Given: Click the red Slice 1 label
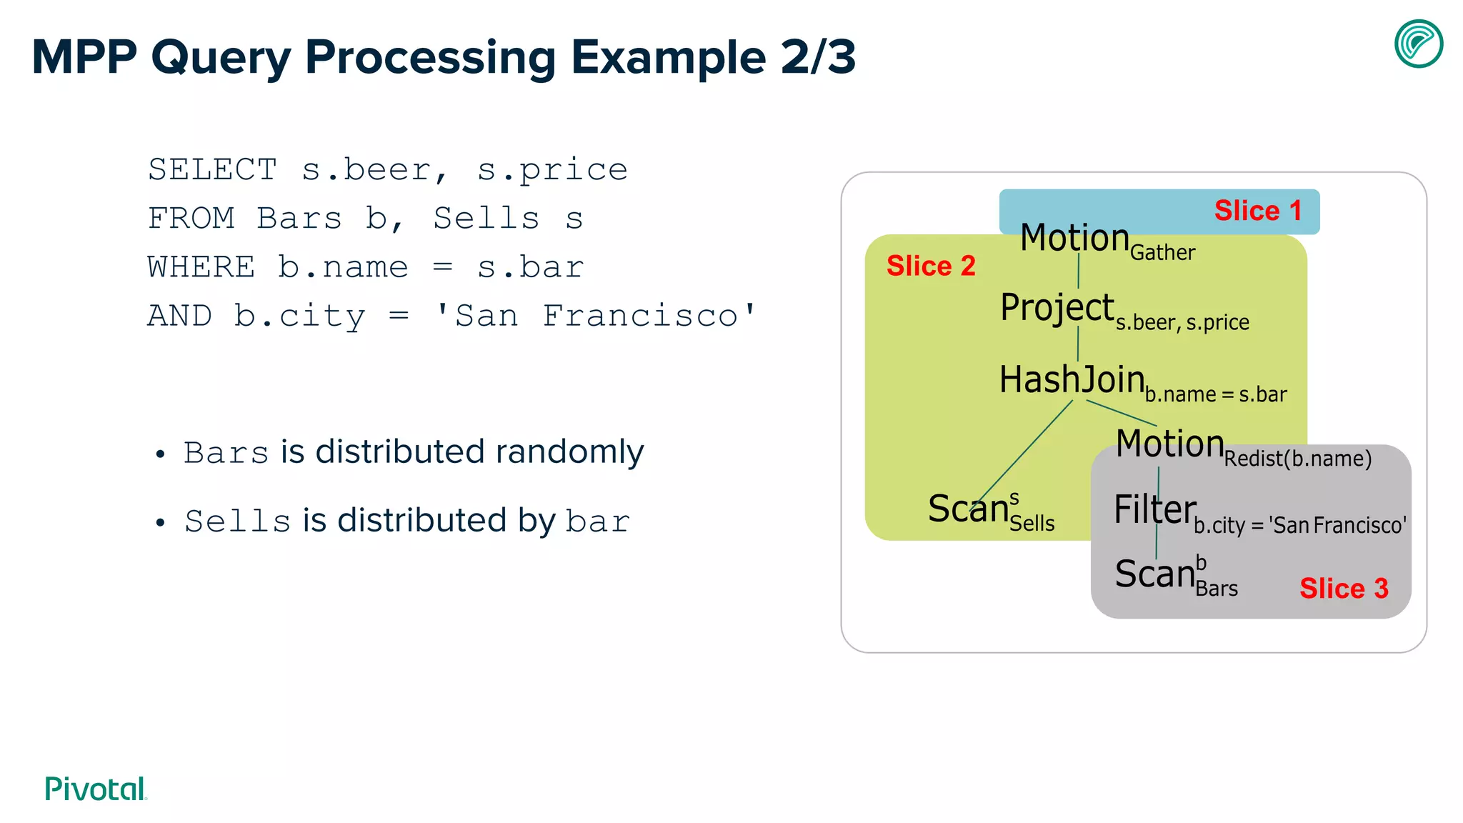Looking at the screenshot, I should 1258,211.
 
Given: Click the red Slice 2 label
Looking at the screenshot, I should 931,266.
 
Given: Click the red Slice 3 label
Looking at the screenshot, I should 1344,589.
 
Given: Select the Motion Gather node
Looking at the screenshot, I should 1106,240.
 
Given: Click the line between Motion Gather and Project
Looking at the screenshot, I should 1078,271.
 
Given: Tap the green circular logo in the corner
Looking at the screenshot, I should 1418,44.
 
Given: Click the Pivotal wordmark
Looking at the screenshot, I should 96,789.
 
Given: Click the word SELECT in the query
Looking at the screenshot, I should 212,170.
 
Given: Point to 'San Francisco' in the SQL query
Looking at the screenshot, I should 596,316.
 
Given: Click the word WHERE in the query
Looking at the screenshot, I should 201,267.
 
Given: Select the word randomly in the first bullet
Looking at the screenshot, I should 569,452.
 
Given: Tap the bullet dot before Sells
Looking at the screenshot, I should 160,523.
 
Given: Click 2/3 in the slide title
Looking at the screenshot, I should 818,57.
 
